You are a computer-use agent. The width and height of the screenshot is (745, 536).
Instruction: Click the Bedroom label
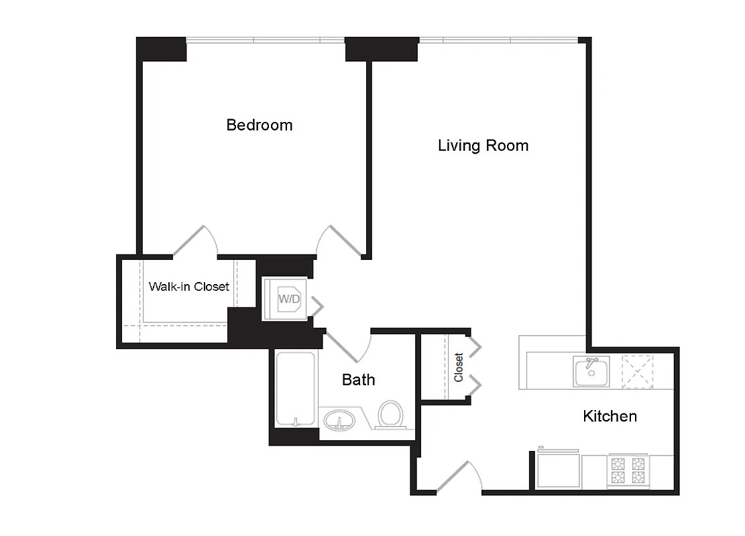click(x=260, y=125)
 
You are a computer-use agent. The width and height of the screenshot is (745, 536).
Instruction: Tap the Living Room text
click(x=483, y=145)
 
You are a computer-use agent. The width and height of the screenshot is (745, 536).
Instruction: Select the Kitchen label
click(x=610, y=416)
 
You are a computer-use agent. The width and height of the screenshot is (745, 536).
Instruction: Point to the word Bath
click(x=358, y=380)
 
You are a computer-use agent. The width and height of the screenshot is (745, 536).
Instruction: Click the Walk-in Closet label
click(x=188, y=287)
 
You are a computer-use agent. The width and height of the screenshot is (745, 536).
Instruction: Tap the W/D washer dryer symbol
click(x=289, y=299)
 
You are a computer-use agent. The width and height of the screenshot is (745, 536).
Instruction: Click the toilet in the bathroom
click(x=390, y=414)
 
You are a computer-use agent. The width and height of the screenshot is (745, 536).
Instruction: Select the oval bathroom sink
click(x=340, y=421)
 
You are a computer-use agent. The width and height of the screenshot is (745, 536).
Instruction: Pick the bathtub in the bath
click(x=295, y=389)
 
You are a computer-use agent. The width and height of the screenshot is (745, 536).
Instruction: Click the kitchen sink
click(x=591, y=371)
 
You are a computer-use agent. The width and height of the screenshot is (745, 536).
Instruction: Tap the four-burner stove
click(x=628, y=472)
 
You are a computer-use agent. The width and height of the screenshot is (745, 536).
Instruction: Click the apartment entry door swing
click(x=460, y=477)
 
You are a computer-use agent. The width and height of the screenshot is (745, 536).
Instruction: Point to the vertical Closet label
click(x=459, y=367)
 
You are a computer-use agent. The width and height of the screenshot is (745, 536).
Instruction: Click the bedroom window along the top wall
click(x=266, y=41)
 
